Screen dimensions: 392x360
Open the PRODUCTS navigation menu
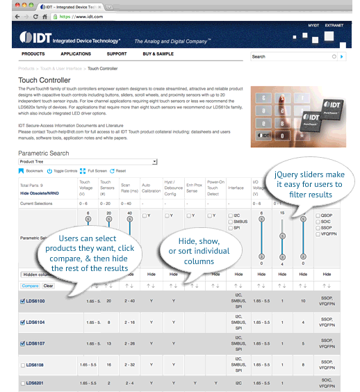click(x=33, y=54)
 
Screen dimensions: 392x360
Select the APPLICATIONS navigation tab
click(x=76, y=54)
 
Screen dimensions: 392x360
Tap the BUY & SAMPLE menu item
click(x=158, y=54)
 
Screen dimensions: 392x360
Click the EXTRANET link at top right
click(x=334, y=25)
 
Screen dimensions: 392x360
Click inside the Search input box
click(x=291, y=56)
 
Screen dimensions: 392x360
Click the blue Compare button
click(x=30, y=285)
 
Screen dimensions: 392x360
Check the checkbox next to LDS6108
click(x=22, y=364)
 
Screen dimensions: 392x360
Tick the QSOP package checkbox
click(x=318, y=216)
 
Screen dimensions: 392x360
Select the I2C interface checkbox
click(x=231, y=216)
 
